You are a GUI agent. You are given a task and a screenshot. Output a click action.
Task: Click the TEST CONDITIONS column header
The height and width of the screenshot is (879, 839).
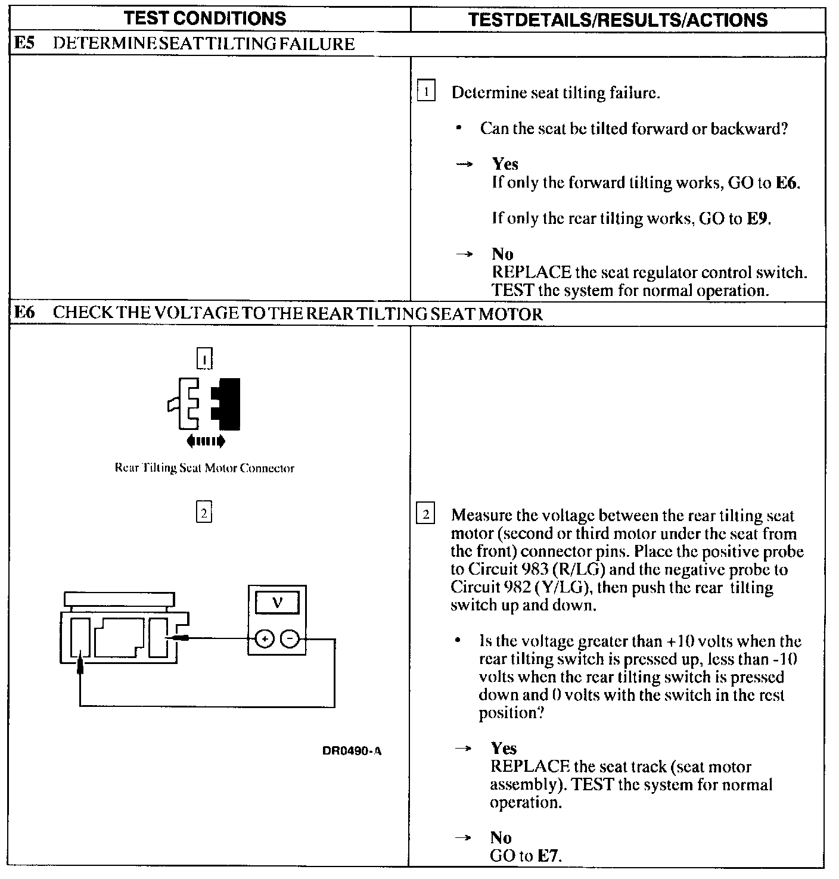click(x=205, y=18)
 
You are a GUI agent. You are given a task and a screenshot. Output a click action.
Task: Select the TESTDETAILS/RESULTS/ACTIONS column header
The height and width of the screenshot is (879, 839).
click(x=618, y=20)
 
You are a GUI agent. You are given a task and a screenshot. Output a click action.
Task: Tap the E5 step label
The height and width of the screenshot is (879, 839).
click(x=23, y=44)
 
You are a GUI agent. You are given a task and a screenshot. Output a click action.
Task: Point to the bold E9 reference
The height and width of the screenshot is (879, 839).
click(x=757, y=219)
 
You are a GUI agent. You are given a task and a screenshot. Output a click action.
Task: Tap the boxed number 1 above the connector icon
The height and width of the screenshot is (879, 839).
click(x=204, y=359)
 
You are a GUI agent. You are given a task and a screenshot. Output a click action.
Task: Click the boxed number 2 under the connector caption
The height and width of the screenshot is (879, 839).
click(x=204, y=513)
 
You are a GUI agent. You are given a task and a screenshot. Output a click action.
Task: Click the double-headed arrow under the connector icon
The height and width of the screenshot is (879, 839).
click(x=206, y=441)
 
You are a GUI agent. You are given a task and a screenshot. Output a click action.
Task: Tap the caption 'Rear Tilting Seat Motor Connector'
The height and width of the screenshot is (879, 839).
click(x=204, y=468)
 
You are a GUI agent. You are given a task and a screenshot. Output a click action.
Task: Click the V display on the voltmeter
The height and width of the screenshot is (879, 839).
click(x=277, y=604)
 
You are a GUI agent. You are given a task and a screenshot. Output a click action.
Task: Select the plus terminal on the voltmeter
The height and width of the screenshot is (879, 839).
click(x=264, y=640)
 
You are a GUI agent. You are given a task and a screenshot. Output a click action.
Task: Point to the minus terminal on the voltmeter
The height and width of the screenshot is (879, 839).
click(x=290, y=640)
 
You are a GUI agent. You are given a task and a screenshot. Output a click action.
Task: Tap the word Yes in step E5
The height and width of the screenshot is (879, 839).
click(x=505, y=164)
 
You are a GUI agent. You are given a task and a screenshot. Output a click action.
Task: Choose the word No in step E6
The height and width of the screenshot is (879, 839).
click(x=501, y=838)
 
